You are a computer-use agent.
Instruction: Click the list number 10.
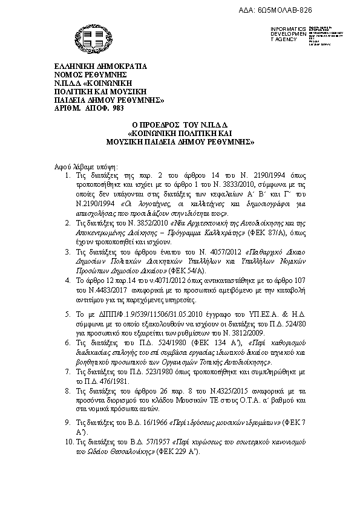tap(70, 443)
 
